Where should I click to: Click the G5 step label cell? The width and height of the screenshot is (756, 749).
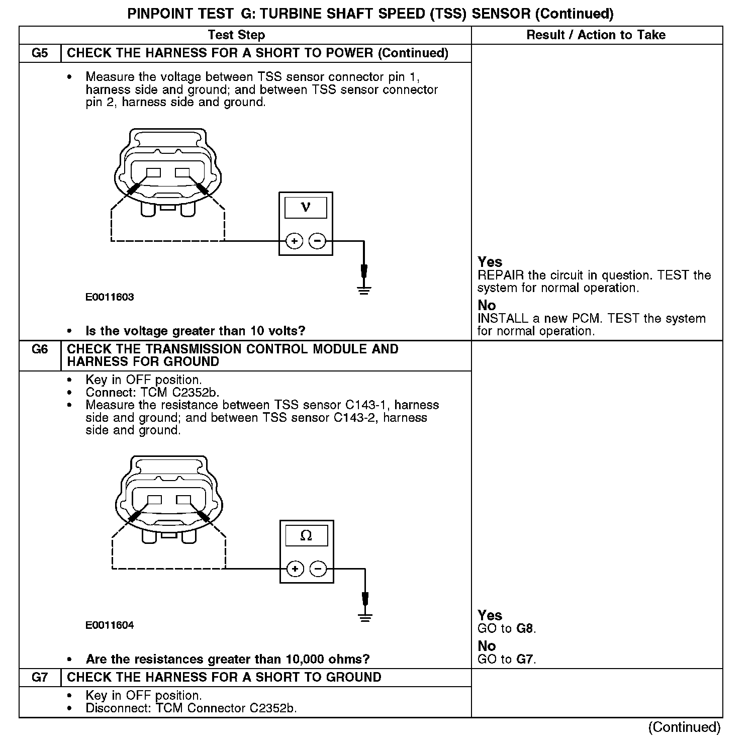pyautogui.click(x=40, y=53)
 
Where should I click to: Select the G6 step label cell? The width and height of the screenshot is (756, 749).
pyautogui.click(x=40, y=349)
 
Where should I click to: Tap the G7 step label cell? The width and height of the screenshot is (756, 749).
pyautogui.click(x=40, y=678)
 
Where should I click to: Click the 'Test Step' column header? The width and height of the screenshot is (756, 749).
pyautogui.click(x=236, y=35)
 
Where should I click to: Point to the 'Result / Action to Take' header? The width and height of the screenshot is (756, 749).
pyautogui.click(x=596, y=35)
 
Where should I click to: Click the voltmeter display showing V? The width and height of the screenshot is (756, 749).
pyautogui.click(x=306, y=207)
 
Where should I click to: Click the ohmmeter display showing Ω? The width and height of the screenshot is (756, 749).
pyautogui.click(x=306, y=536)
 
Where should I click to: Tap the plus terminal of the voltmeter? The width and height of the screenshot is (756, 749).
pyautogui.click(x=294, y=241)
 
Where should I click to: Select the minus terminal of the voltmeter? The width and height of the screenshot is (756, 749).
pyautogui.click(x=317, y=241)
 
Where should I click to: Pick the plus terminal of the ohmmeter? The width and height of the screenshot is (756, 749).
pyautogui.click(x=295, y=569)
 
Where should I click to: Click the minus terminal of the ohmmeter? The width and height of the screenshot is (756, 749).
pyautogui.click(x=318, y=569)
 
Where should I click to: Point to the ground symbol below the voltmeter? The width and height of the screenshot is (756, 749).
pyautogui.click(x=364, y=290)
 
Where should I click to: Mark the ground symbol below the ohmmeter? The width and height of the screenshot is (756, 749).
pyautogui.click(x=365, y=617)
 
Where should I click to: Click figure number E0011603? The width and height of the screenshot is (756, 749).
pyautogui.click(x=110, y=297)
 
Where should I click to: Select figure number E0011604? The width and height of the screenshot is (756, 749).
pyautogui.click(x=110, y=625)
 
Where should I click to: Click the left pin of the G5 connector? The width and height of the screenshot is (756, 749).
pyautogui.click(x=153, y=172)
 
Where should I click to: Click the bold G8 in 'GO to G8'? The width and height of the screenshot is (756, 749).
pyautogui.click(x=524, y=629)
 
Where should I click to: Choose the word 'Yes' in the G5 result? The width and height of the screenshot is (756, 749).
pyautogui.click(x=490, y=262)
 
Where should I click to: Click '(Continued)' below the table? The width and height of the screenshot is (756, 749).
pyautogui.click(x=684, y=727)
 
